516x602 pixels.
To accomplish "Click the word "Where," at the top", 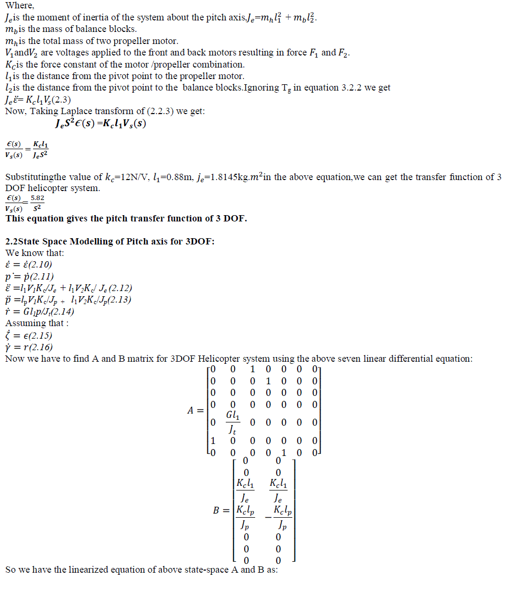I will [19, 6].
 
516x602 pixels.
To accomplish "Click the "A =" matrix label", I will [195, 410].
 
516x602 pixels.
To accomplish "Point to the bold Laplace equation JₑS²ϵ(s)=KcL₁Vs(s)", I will [100, 124].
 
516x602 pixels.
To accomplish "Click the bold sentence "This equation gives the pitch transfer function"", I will [126, 218].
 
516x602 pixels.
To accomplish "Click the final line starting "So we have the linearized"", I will [141, 569].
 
